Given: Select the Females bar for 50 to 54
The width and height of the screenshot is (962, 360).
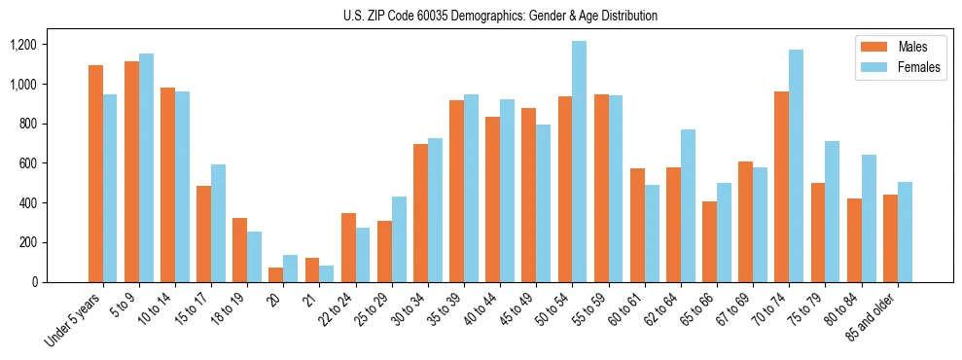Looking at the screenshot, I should click(580, 162).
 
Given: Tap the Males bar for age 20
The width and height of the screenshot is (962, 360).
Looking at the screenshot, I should click(276, 274).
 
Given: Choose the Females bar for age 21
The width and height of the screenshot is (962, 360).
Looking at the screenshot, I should click(327, 273).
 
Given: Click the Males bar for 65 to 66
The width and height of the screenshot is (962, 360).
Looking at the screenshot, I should click(710, 241).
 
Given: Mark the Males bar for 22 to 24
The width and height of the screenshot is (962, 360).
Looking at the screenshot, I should click(348, 247).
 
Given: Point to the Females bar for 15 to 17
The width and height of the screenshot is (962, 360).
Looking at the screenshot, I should click(219, 223).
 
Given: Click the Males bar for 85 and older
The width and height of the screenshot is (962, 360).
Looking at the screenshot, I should click(890, 238).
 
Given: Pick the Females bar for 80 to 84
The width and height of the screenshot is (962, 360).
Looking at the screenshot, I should click(869, 218).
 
